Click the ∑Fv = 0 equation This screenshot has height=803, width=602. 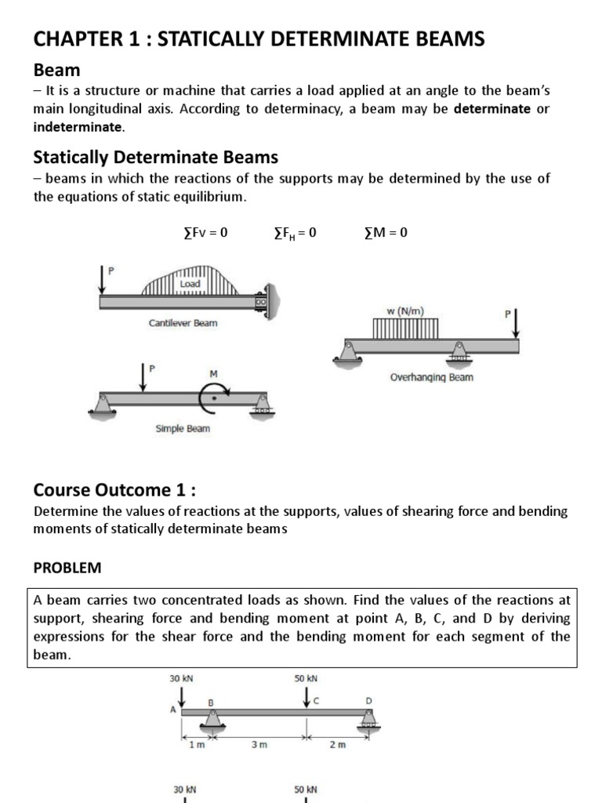click(199, 232)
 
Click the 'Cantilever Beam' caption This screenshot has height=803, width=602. click(183, 322)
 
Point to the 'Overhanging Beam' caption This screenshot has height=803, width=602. click(431, 377)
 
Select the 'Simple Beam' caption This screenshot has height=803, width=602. click(182, 429)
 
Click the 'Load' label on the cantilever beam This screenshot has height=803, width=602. click(190, 284)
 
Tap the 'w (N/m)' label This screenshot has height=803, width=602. click(404, 311)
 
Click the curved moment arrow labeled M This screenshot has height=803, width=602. click(211, 398)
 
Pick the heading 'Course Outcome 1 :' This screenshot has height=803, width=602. click(114, 490)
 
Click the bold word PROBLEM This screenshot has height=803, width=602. click(67, 566)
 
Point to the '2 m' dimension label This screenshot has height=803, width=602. click(337, 745)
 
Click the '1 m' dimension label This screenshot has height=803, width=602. click(197, 745)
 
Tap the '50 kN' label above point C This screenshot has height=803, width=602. click(306, 678)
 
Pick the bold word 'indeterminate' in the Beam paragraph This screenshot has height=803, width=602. click(78, 126)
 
